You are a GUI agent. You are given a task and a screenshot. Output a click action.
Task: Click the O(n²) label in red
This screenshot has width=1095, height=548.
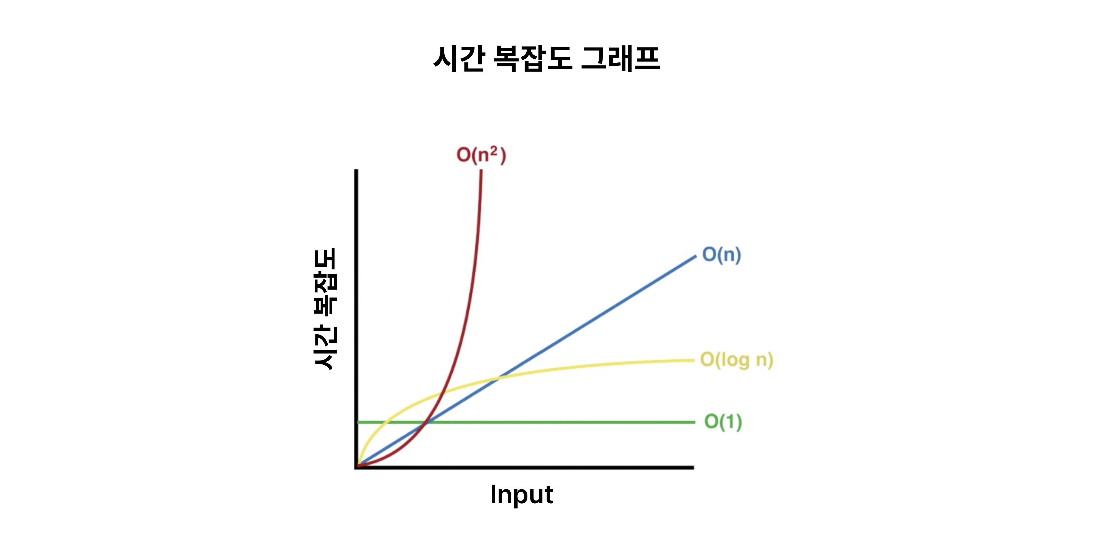click(481, 155)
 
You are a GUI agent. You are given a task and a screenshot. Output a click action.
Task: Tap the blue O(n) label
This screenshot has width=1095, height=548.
click(721, 255)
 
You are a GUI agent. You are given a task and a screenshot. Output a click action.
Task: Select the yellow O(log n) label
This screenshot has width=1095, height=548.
click(736, 360)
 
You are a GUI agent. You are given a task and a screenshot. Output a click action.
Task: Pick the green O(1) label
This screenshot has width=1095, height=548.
click(723, 422)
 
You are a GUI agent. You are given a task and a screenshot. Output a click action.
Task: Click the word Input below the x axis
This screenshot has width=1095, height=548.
click(522, 495)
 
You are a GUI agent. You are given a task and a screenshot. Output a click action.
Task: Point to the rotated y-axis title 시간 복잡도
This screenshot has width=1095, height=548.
click(325, 308)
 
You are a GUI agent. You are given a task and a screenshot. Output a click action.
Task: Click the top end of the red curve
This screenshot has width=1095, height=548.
click(481, 170)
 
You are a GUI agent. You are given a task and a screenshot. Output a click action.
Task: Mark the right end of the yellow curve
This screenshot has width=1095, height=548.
click(694, 360)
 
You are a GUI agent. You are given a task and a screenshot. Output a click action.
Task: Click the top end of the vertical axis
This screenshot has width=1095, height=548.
click(356, 170)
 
